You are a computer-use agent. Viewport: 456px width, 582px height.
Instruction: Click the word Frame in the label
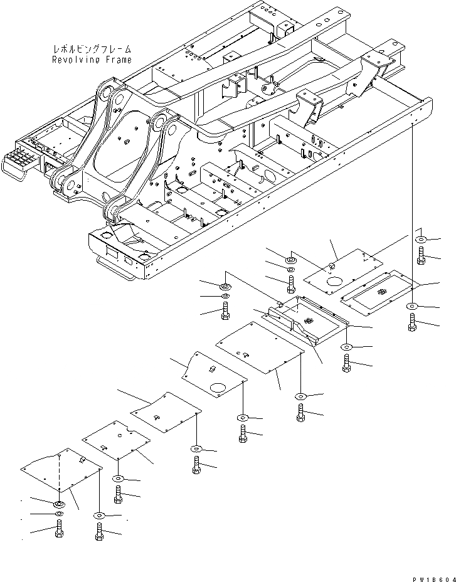[119, 60]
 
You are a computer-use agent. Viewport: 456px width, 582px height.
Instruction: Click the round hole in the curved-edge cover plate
[218, 388]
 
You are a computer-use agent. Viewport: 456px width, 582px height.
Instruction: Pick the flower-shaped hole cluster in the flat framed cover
[381, 293]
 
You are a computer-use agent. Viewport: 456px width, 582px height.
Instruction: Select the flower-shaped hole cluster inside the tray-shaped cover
[307, 320]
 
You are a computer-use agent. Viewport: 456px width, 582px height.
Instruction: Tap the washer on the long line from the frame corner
[412, 305]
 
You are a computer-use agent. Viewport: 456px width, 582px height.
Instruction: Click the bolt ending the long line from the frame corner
[412, 322]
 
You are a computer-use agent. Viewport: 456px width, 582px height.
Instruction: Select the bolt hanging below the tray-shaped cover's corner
[347, 362]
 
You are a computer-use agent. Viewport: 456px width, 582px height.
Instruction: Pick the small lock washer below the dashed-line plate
[59, 515]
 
